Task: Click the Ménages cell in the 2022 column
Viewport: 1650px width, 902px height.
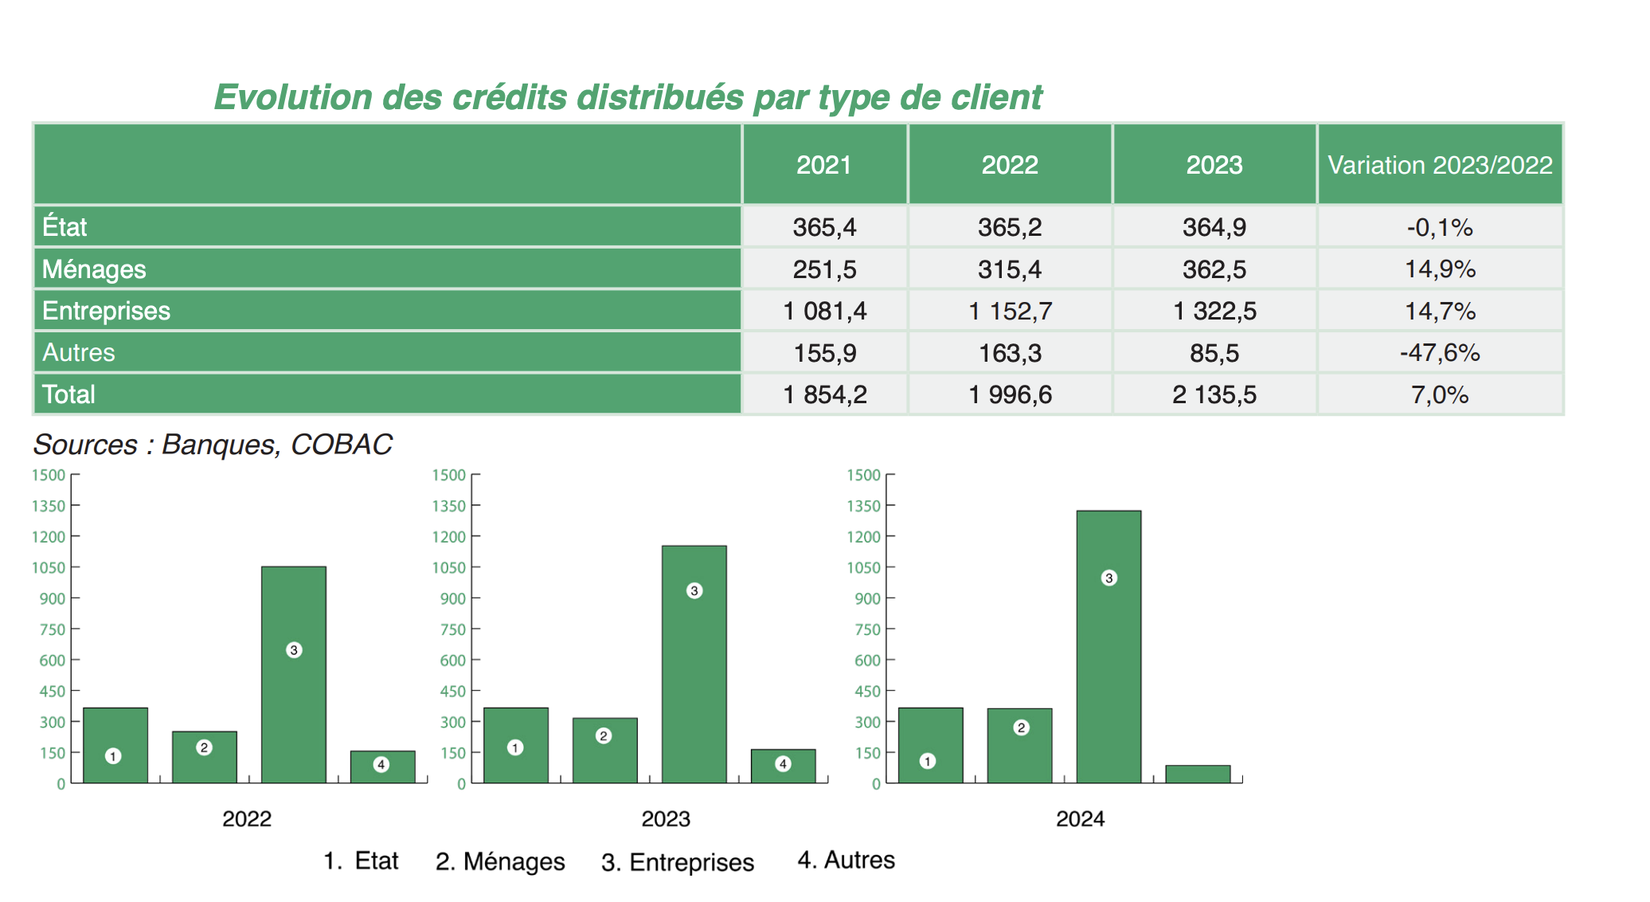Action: point(1009,269)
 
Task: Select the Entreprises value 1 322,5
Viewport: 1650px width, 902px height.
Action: point(1214,311)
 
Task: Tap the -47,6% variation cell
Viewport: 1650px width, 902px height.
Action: point(1439,352)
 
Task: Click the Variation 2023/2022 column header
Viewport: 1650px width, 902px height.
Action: point(1440,165)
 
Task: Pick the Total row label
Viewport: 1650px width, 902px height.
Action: point(68,394)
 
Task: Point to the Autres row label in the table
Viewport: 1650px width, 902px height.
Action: point(78,352)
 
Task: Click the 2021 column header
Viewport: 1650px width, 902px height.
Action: point(823,165)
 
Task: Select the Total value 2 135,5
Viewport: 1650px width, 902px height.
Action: point(1214,394)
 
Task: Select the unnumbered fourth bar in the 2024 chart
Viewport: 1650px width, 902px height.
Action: point(1198,774)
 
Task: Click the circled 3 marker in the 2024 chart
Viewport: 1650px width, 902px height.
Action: point(1108,578)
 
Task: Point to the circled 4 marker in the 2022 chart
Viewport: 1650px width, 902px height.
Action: point(381,764)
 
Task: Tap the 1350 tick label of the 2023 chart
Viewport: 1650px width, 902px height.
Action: point(448,506)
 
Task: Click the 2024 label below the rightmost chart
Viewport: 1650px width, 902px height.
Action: point(1080,818)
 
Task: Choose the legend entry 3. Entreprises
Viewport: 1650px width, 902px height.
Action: point(677,862)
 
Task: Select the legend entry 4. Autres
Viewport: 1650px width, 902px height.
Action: point(846,861)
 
